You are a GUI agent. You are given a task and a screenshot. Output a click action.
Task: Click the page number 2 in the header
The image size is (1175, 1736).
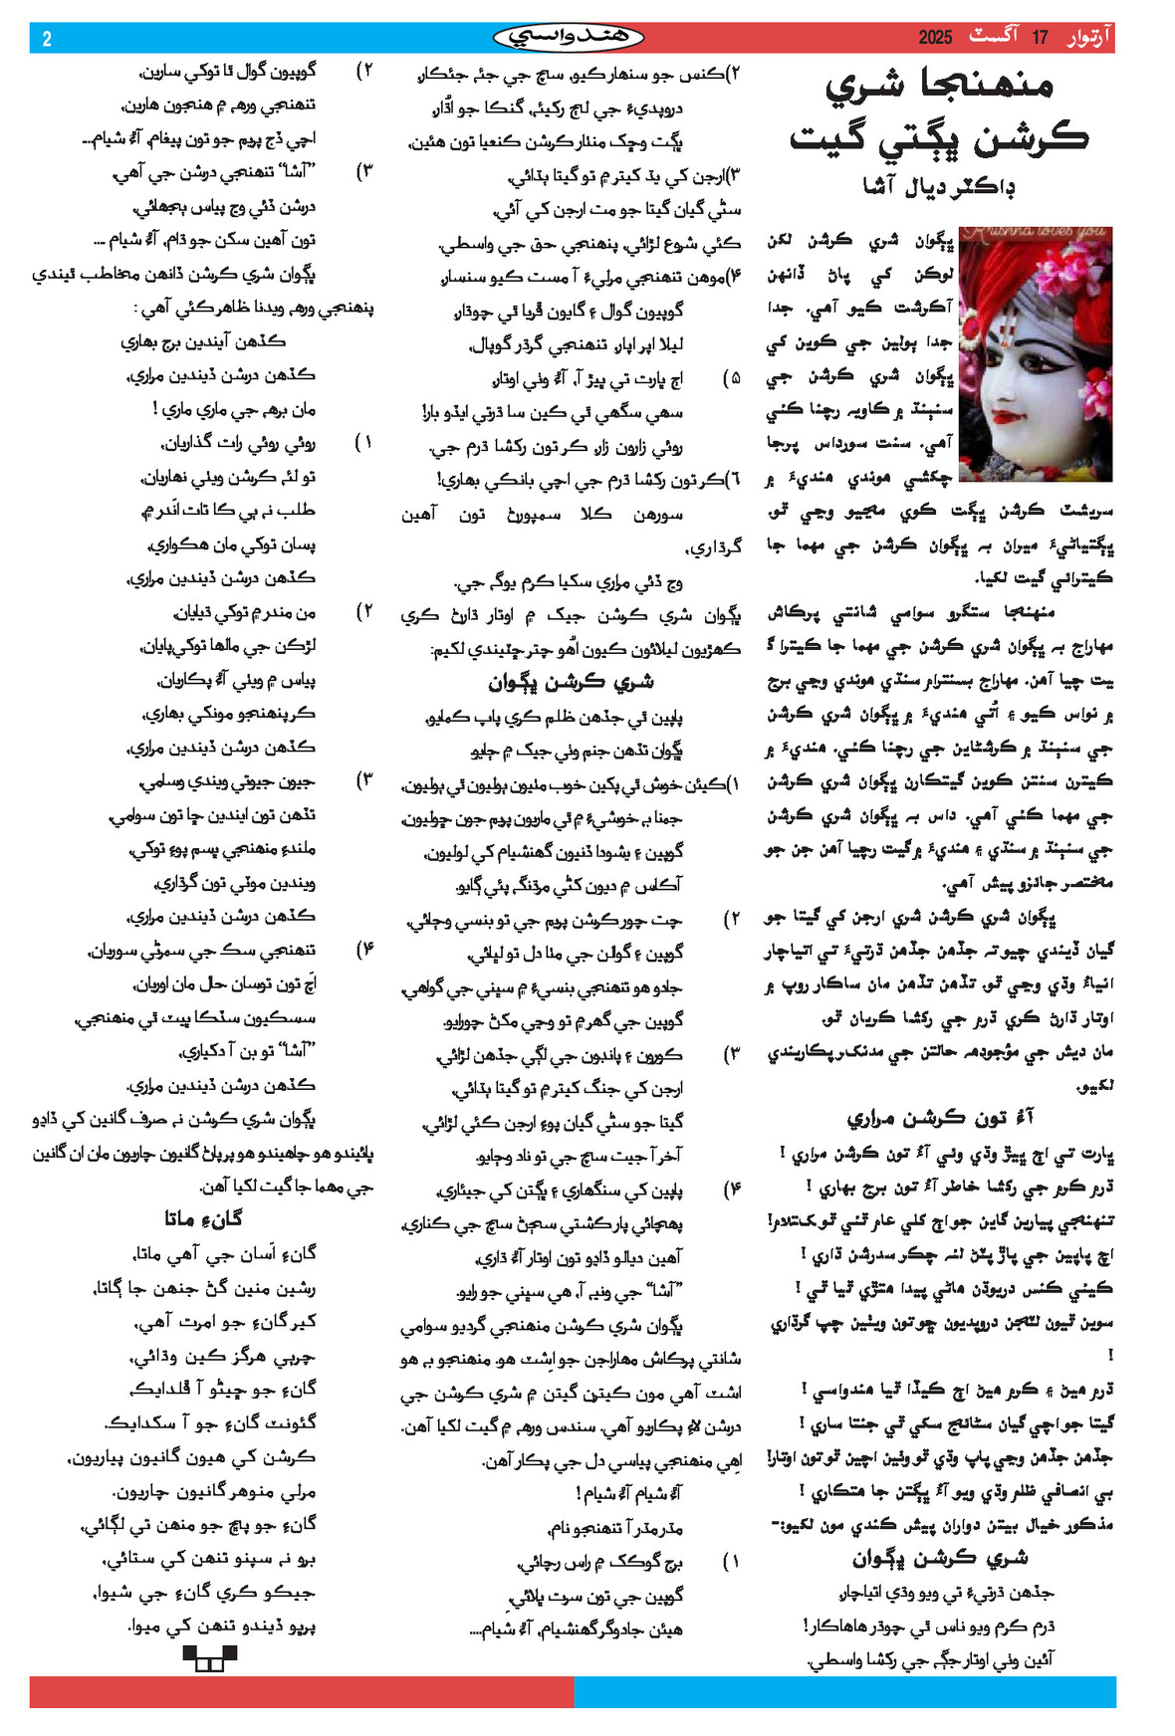47,39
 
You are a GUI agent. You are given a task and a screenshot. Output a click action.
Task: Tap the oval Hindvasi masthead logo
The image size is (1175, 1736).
569,38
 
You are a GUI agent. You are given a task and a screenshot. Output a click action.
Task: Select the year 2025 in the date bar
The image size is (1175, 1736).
935,38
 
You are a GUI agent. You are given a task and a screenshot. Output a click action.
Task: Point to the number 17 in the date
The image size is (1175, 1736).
1040,38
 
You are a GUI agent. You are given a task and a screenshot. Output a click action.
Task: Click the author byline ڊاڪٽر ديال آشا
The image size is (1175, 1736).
939,186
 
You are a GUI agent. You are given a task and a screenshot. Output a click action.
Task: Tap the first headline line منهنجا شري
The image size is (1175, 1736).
939,86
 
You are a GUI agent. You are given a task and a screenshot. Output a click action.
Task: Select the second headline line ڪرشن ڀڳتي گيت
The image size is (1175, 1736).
939,138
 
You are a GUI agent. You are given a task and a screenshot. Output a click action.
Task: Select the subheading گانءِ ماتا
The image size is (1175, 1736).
204,1218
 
